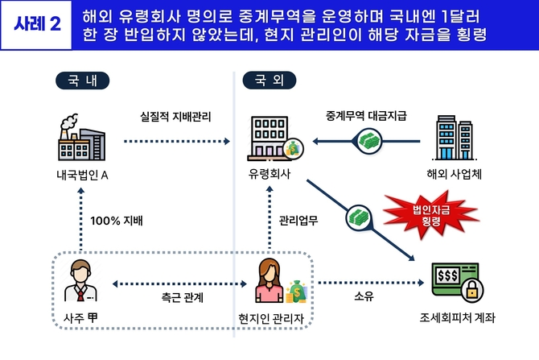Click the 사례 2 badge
[x=38, y=24]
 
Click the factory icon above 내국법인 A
[x=80, y=139]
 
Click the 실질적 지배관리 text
[x=175, y=118]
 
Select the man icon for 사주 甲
[x=81, y=279]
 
